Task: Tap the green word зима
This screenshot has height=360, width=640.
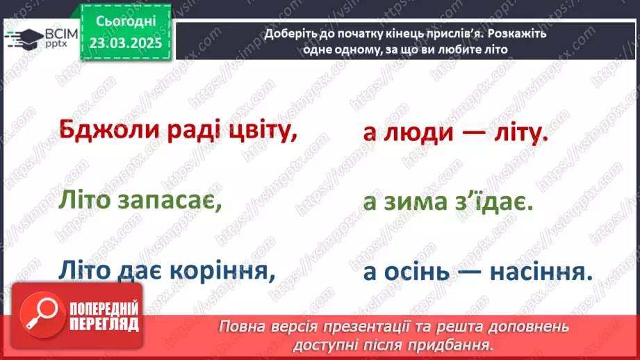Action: [422, 204]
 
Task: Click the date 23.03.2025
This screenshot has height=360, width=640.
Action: [125, 42]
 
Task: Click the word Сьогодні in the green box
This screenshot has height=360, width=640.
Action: [125, 22]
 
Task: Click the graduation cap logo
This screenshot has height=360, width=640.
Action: [22, 38]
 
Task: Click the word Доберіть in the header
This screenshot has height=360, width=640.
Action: [290, 34]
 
